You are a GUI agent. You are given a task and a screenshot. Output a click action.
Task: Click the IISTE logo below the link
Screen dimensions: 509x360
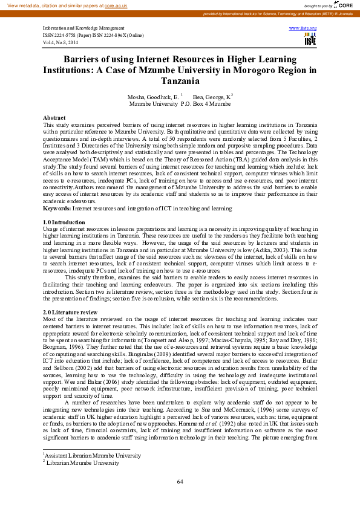(x=310, y=39)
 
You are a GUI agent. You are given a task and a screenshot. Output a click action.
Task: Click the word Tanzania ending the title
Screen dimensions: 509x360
(x=180, y=80)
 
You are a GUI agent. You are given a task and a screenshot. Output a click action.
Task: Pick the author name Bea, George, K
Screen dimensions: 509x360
(x=211, y=97)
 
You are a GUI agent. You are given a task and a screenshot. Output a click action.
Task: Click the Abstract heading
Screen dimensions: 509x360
(x=54, y=117)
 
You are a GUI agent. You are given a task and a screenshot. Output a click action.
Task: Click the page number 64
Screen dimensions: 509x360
(x=180, y=481)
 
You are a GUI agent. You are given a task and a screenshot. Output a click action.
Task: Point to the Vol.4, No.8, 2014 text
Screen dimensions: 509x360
(x=61, y=42)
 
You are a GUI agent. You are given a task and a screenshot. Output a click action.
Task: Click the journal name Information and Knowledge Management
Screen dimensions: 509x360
(x=83, y=28)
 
